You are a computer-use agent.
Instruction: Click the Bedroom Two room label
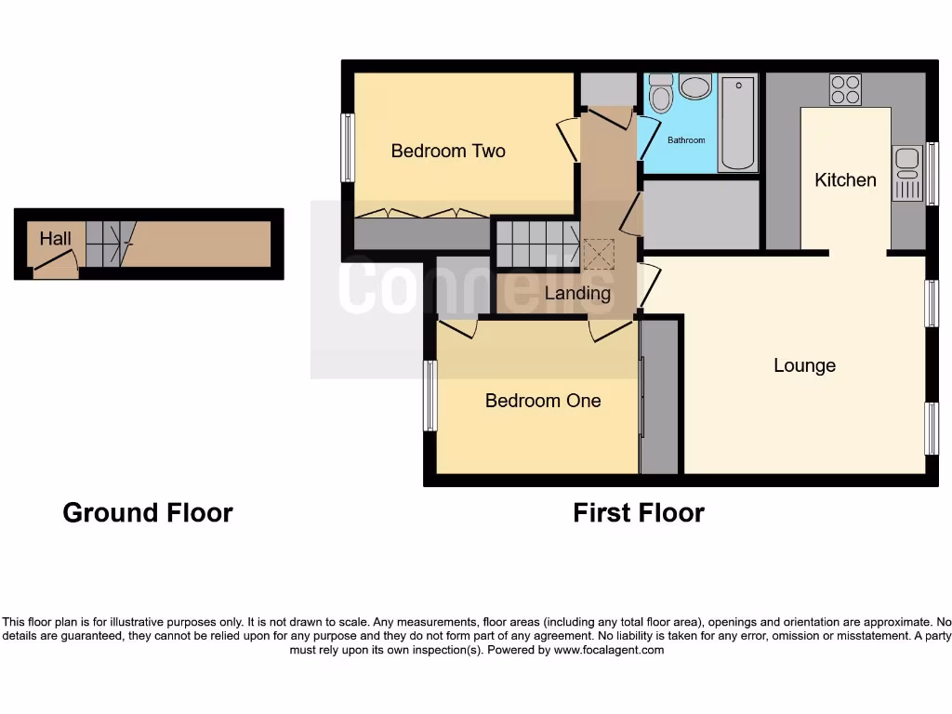tap(447, 151)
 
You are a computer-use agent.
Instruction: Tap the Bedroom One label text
tap(543, 401)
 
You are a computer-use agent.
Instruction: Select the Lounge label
tap(804, 365)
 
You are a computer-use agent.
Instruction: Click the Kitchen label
tap(845, 179)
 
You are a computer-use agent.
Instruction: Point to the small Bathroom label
tap(686, 140)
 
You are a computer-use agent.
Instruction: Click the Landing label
tap(577, 294)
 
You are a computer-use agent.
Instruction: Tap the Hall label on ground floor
tap(55, 239)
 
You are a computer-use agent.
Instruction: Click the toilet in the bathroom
tap(661, 93)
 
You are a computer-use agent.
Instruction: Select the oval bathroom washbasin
tap(695, 87)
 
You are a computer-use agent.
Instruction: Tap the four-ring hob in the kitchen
tap(845, 89)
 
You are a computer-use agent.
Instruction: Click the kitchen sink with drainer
tap(906, 173)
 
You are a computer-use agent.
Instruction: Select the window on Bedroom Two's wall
tap(348, 147)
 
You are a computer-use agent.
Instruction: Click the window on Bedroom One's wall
tap(430, 396)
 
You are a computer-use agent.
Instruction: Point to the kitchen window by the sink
tap(932, 173)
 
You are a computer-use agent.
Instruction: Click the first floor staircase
tap(536, 243)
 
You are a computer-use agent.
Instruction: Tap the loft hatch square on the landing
tap(597, 252)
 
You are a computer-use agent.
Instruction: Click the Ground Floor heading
tap(148, 512)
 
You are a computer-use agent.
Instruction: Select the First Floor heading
tap(639, 512)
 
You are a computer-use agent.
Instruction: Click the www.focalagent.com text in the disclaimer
tap(609, 650)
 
